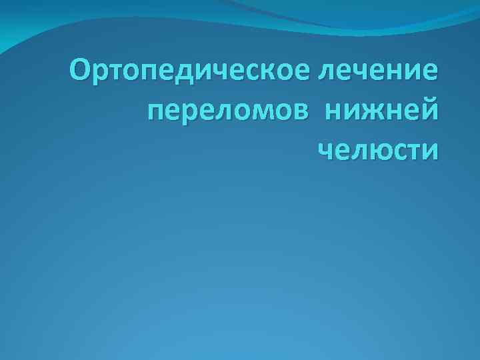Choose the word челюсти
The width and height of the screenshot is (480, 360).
tap(379, 147)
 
